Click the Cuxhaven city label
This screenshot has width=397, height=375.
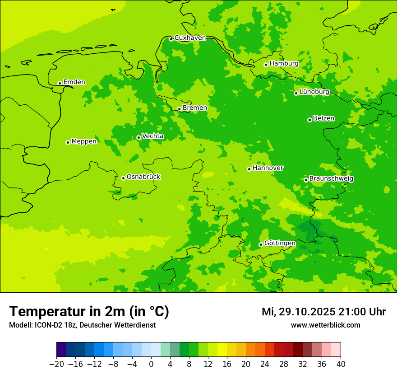point(190,38)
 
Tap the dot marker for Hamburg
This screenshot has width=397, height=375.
point(266,65)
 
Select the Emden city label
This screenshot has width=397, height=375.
point(74,82)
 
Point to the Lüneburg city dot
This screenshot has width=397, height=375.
point(296,93)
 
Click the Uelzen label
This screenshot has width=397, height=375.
point(323,119)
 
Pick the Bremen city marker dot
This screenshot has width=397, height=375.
point(179,109)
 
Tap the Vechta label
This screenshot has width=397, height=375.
point(152,136)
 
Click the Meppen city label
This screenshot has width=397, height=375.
point(83,141)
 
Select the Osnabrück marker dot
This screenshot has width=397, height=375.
point(123,178)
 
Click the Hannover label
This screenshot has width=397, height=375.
point(268,168)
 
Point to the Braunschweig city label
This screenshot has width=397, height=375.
point(331,179)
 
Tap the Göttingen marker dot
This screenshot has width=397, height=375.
point(261,244)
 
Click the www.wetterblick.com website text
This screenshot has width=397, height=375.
point(325,325)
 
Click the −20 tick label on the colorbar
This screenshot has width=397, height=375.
point(56,364)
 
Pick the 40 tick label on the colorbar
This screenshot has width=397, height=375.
point(341,364)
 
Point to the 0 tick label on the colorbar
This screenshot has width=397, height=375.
point(151,364)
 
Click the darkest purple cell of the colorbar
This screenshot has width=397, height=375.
point(61,350)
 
